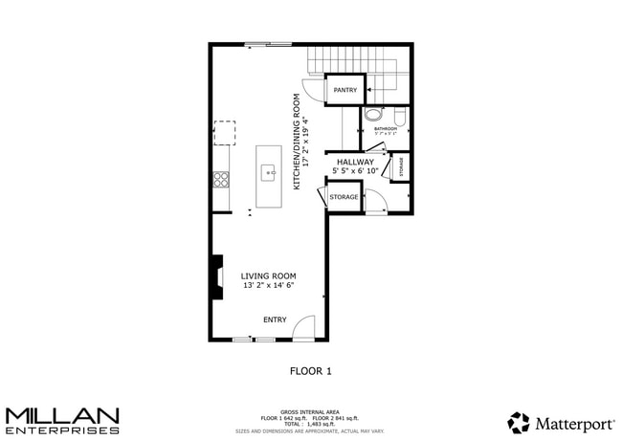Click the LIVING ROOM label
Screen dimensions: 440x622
click(268, 275)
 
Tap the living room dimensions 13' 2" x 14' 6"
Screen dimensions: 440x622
click(268, 285)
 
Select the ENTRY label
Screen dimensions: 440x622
click(275, 319)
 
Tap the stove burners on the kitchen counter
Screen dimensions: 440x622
click(221, 179)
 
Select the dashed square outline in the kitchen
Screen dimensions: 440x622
click(224, 133)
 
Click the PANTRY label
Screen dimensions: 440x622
click(344, 91)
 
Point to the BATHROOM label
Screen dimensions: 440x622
click(386, 127)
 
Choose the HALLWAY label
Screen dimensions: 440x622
click(355, 162)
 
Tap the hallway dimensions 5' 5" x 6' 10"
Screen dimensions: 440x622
click(355, 170)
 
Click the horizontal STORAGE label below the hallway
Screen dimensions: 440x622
click(344, 197)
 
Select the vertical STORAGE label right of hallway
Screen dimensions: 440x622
click(401, 166)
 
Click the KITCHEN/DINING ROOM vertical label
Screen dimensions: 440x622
click(298, 141)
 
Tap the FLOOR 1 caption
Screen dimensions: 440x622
click(310, 370)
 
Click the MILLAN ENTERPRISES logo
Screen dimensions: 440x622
click(62, 420)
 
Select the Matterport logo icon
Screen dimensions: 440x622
click(518, 422)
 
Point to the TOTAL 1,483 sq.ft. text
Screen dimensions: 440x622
click(310, 424)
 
